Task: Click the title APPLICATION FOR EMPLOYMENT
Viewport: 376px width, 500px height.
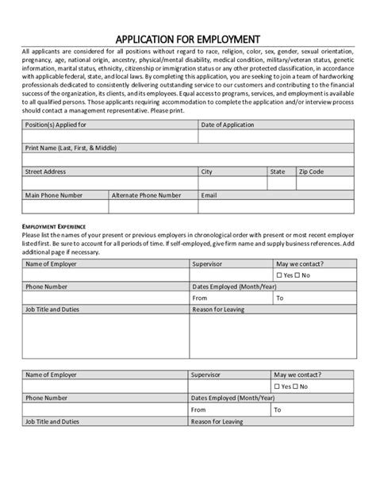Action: (188, 38)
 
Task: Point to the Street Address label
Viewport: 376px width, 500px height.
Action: (45, 171)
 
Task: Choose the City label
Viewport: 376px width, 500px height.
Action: (207, 171)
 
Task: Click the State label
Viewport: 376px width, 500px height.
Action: (278, 171)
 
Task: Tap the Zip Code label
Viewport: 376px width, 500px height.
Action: (311, 171)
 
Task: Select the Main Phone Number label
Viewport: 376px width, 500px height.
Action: (54, 194)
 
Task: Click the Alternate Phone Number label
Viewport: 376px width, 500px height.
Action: (146, 194)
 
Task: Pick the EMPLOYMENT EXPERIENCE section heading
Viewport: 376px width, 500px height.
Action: (53, 226)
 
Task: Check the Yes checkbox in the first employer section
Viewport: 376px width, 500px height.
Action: (279, 275)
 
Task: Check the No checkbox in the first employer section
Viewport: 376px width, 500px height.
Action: (297, 275)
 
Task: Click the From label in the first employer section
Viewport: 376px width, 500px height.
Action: (199, 298)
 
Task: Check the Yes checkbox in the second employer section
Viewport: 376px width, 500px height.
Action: (279, 387)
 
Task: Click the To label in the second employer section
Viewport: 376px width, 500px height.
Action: (278, 410)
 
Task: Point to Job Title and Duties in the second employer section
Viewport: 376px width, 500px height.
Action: (52, 421)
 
